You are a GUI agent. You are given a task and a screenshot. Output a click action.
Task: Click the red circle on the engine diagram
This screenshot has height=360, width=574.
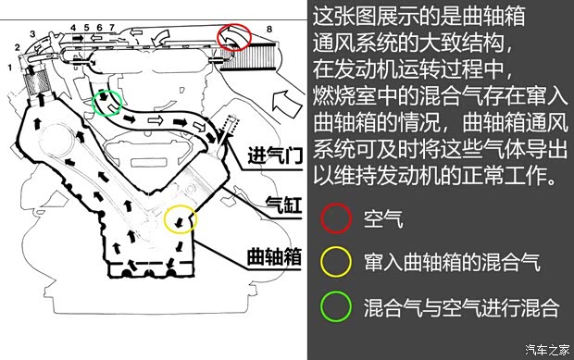click(234, 37)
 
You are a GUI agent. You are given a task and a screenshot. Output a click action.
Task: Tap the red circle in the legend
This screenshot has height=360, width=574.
click(336, 219)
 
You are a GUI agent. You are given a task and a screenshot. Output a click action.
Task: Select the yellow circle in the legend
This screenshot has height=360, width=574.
click(336, 263)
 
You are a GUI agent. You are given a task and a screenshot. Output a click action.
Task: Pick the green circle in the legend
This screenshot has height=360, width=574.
click(336, 306)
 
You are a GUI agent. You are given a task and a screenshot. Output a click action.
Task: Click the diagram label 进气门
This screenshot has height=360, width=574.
click(276, 155)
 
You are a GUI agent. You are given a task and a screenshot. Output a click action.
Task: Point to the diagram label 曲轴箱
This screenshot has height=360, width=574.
click(276, 256)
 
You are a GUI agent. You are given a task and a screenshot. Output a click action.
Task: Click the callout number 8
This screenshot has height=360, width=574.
click(269, 31)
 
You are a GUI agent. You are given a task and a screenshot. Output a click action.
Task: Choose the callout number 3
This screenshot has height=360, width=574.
click(31, 34)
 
